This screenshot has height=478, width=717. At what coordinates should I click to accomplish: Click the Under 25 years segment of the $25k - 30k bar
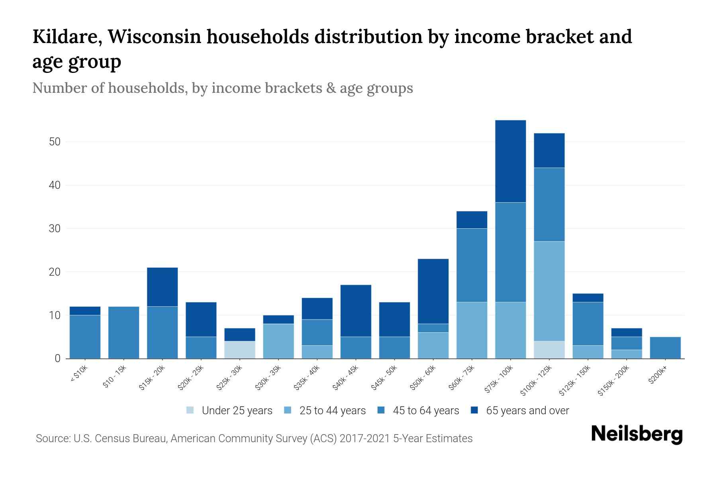pyautogui.click(x=240, y=349)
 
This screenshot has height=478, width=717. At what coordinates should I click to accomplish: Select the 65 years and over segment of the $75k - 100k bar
pyautogui.click(x=510, y=161)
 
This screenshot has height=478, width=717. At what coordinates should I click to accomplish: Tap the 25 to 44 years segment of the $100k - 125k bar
pyautogui.click(x=549, y=291)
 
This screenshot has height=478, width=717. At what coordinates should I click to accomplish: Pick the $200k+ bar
pyautogui.click(x=665, y=347)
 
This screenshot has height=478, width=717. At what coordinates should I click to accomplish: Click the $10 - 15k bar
pyautogui.click(x=123, y=332)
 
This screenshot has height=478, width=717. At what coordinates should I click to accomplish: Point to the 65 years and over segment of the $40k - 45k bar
pyautogui.click(x=356, y=311)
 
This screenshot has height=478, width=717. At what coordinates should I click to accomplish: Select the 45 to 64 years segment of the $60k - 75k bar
pyautogui.click(x=472, y=265)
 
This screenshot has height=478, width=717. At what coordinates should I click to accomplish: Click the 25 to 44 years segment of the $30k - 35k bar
pyautogui.click(x=278, y=341)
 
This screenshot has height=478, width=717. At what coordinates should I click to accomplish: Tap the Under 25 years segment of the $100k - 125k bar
pyautogui.click(x=549, y=349)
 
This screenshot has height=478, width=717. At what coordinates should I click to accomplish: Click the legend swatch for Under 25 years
pyautogui.click(x=190, y=410)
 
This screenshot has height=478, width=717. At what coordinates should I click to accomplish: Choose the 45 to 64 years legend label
pyautogui.click(x=425, y=410)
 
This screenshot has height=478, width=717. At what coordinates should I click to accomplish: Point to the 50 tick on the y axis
pyautogui.click(x=55, y=142)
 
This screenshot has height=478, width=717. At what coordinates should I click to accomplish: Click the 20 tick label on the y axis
pyautogui.click(x=55, y=272)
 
